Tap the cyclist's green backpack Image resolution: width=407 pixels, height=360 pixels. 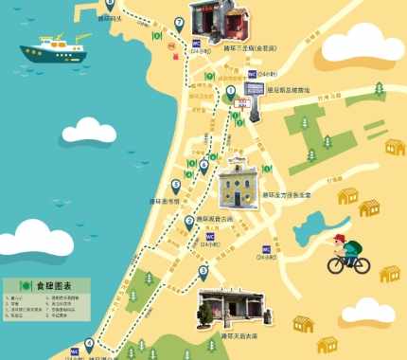[x=353, y=247]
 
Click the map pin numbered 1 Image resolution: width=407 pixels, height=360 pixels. [x=230, y=92]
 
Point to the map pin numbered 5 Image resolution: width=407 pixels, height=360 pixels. [x=175, y=186]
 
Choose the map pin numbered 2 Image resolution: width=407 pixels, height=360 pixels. [x=189, y=222]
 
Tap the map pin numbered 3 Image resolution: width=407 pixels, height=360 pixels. [x=203, y=272]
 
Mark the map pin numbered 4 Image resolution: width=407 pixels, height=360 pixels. [x=90, y=344]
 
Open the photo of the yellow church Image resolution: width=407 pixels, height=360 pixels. [x=239, y=184]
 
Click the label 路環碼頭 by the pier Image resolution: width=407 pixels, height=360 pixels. [x=110, y=17]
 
